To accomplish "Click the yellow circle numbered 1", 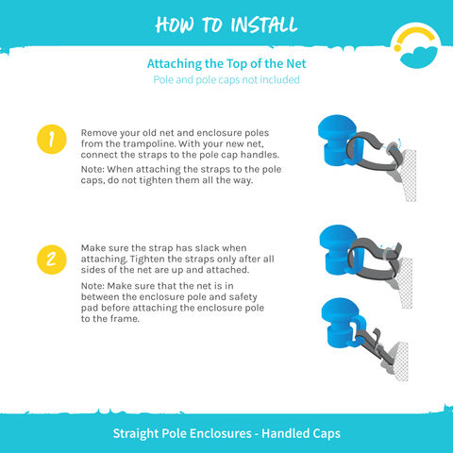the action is pos(52,139).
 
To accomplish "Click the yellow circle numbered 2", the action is pos(52,260).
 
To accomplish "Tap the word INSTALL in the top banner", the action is pos(264,25).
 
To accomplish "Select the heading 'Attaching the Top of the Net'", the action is pos(226,64).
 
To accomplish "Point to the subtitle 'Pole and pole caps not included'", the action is pos(226,80).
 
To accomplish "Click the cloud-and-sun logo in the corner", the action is pos(416,45).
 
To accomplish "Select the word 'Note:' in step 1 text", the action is pos(92,169).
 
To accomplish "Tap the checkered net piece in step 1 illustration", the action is pos(409,176).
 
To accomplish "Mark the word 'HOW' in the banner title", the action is pos(175,25).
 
